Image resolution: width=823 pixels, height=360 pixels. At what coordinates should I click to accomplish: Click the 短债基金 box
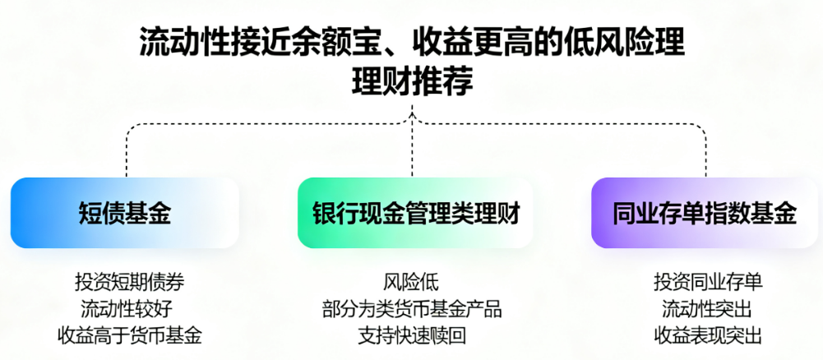pos(125,213)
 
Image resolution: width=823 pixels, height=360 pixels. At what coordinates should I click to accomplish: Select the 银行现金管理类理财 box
pos(415,213)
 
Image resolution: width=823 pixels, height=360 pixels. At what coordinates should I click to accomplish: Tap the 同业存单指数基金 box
pos(705,213)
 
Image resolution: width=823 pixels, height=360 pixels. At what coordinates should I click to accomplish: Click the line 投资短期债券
pos(129,282)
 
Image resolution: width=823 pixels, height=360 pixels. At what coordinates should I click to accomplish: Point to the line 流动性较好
pos(129,309)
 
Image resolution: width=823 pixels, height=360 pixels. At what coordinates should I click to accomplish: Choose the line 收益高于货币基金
pos(129,335)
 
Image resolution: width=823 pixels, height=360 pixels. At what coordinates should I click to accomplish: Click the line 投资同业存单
pos(708,282)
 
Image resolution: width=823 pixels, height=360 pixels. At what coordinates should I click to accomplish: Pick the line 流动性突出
pos(708,309)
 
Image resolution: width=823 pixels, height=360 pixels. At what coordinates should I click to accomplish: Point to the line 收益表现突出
pos(708,335)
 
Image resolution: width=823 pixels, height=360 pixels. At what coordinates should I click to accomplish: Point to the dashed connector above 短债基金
pos(127,152)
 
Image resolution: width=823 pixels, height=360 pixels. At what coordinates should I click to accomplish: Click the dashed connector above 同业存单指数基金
pos(705,152)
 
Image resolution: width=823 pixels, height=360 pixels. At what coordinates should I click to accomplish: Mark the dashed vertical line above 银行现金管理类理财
pos(412,152)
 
